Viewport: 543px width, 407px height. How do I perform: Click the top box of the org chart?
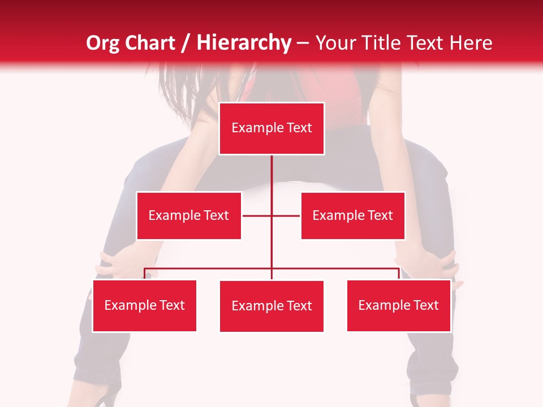click(271, 128)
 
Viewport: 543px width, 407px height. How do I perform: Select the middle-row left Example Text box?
click(189, 215)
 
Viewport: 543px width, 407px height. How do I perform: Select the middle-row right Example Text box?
click(353, 215)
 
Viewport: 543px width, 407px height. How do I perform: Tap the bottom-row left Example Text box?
click(145, 305)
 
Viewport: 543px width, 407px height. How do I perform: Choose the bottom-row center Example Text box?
click(271, 306)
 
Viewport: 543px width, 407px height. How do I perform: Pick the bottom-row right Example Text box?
click(399, 305)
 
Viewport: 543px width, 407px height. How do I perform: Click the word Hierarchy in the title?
click(243, 43)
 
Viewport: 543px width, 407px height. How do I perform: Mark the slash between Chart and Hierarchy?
click(186, 43)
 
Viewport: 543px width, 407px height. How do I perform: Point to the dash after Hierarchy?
click(303, 43)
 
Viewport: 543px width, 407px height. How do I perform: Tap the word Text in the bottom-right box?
click(425, 305)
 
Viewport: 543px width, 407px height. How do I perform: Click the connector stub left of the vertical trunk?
click(257, 215)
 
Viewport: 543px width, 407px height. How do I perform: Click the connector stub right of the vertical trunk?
click(286, 215)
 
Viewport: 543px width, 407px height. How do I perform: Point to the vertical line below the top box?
click(271, 175)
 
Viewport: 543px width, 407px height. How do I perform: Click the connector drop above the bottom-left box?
click(145, 274)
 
